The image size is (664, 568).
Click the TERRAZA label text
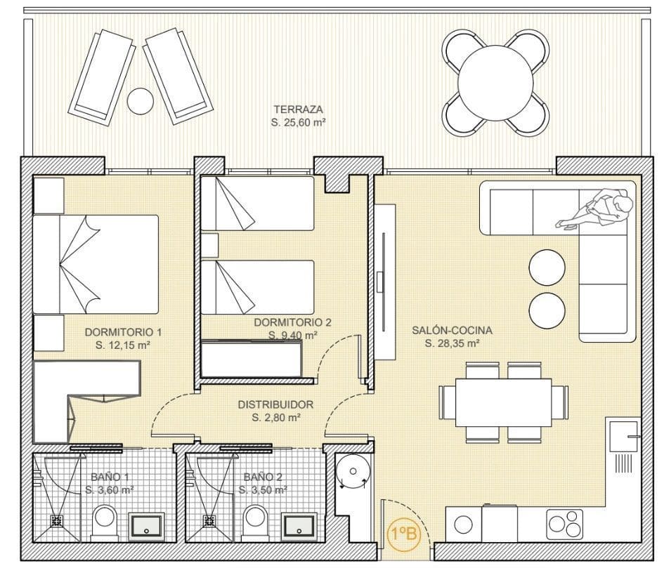[x=298, y=110]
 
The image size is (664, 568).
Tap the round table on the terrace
[x=495, y=83]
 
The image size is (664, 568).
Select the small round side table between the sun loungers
[x=141, y=100]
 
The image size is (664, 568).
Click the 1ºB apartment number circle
[x=405, y=534]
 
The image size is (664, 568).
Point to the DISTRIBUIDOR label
[x=275, y=404]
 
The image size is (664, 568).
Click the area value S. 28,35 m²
[x=453, y=343]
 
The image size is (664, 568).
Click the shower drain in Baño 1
[x=56, y=520]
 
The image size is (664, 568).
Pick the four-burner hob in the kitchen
[x=565, y=524]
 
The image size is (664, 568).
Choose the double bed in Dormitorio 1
[x=96, y=265]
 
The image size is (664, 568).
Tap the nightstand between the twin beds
[x=209, y=245]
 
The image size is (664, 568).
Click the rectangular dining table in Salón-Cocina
[x=504, y=402]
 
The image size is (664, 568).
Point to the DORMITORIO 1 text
[x=123, y=332]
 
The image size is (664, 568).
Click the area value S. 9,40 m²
[x=293, y=335]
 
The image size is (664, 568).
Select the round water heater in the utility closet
[x=353, y=470]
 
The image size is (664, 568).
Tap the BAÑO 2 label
[x=263, y=477]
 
